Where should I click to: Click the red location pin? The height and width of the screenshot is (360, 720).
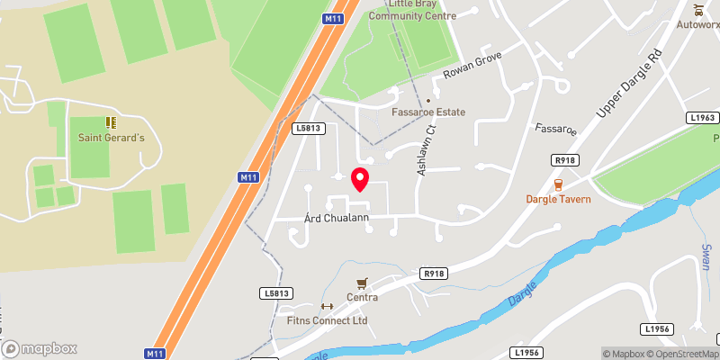360,179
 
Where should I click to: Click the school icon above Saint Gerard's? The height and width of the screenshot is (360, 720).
110,121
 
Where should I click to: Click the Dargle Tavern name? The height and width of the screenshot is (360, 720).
559,199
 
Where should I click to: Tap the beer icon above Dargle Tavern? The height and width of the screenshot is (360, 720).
559,184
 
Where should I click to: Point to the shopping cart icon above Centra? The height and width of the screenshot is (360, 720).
363,283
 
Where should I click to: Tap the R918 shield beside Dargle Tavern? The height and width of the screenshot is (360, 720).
564,159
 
